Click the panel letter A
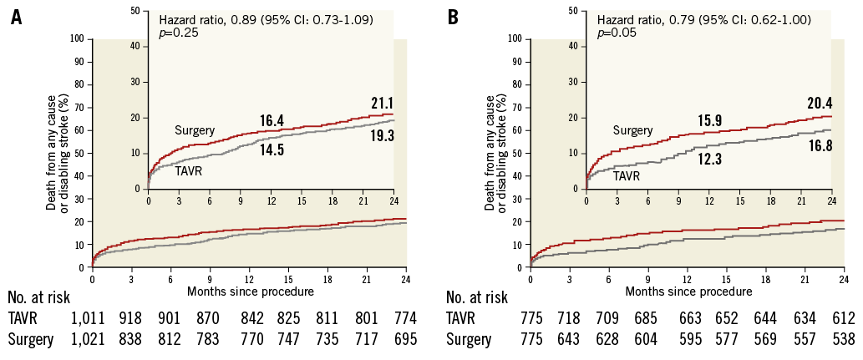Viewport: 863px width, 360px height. (x=16, y=17)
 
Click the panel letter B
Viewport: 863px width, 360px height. (x=453, y=17)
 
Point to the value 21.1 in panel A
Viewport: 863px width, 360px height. (x=382, y=103)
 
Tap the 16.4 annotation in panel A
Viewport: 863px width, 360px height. (x=271, y=121)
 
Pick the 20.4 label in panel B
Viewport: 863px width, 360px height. (x=819, y=104)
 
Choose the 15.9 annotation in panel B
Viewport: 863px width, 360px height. (x=709, y=121)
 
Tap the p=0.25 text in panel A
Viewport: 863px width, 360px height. (x=180, y=33)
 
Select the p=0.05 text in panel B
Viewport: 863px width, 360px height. (x=619, y=33)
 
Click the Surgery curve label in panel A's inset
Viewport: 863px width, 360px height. (x=195, y=130)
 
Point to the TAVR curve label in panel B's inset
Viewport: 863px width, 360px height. (x=627, y=176)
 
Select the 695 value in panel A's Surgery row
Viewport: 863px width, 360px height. (x=405, y=340)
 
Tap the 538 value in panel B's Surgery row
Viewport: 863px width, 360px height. (x=843, y=340)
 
